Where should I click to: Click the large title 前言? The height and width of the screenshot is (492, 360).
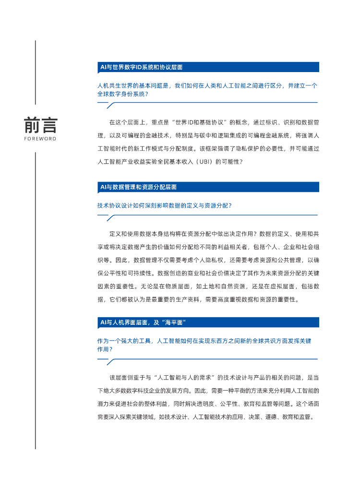click(x=40, y=125)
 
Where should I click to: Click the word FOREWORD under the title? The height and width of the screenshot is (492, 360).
click(x=40, y=139)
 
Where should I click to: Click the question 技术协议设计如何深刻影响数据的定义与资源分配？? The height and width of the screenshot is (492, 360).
click(x=165, y=205)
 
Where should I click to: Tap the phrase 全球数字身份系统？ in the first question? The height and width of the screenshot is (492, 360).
click(x=123, y=94)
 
